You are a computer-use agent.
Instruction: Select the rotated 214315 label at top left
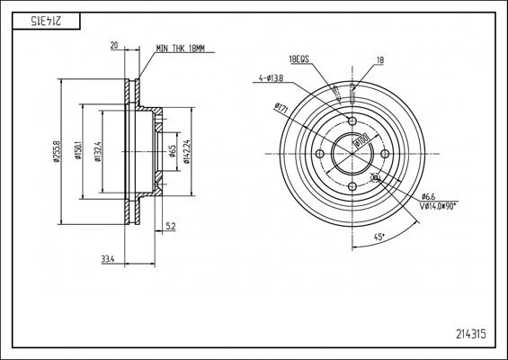pyautogui.click(x=37, y=20)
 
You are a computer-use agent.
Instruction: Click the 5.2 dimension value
pyautogui.click(x=170, y=226)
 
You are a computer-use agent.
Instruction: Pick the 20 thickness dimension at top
pyautogui.click(x=113, y=43)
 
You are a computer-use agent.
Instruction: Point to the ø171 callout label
pyautogui.click(x=280, y=110)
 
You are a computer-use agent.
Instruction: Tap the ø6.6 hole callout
pyautogui.click(x=428, y=196)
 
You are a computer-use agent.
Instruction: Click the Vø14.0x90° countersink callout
pyautogui.click(x=438, y=206)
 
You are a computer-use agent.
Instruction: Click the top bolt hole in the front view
pyautogui.click(x=352, y=122)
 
